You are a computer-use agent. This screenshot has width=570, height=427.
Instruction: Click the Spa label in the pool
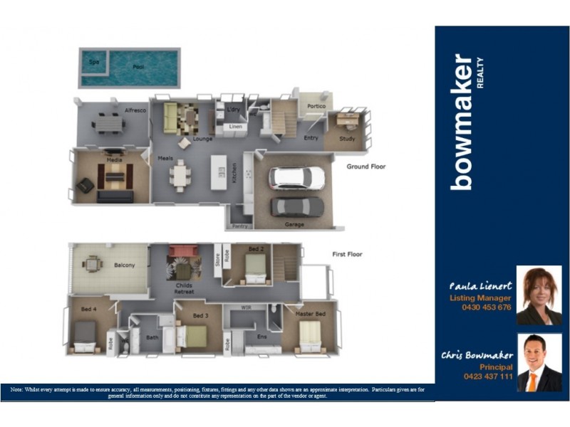(93, 62)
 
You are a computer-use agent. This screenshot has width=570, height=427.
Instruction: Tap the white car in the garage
(296, 178)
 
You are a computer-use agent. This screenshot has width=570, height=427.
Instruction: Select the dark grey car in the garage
(297, 206)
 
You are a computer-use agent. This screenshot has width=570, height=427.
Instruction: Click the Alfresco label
(135, 111)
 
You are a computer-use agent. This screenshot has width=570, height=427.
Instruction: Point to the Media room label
(114, 160)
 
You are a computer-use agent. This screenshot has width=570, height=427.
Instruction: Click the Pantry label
(239, 226)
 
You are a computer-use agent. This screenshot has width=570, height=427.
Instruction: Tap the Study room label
(347, 139)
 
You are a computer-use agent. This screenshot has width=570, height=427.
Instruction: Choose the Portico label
(316, 106)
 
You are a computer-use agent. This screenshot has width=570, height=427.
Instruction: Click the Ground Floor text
(366, 167)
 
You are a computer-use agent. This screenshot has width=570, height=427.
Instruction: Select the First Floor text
(348, 254)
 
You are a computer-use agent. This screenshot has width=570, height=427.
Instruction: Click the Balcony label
(124, 265)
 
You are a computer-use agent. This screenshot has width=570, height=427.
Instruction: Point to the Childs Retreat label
(185, 288)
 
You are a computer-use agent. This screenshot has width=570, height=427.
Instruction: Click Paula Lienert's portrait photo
(539, 295)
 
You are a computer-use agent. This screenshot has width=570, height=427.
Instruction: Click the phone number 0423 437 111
(487, 376)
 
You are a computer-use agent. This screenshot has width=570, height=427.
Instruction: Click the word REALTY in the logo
(480, 72)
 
